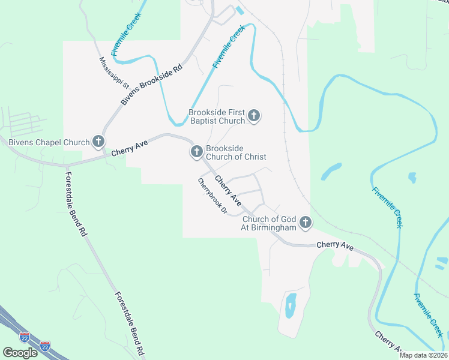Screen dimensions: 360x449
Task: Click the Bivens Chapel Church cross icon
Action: pyautogui.click(x=99, y=142)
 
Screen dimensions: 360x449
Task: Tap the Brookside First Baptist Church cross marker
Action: pyautogui.click(x=254, y=116)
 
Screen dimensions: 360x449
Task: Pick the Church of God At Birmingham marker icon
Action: pyautogui.click(x=306, y=223)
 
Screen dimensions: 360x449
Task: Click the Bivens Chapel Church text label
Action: pyautogui.click(x=49, y=143)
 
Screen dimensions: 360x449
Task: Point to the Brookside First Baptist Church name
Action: pyautogui.click(x=217, y=116)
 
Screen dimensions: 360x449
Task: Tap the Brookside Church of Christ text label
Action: pyautogui.click(x=235, y=152)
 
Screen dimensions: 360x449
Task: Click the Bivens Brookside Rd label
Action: pyautogui.click(x=151, y=85)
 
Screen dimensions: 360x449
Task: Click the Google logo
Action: pyautogui.click(x=20, y=352)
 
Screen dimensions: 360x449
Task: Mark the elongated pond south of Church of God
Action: pyautogui.click(x=291, y=305)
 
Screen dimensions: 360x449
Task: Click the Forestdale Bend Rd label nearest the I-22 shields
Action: pyautogui.click(x=129, y=323)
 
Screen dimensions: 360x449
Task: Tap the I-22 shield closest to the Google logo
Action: pyautogui.click(x=25, y=337)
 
